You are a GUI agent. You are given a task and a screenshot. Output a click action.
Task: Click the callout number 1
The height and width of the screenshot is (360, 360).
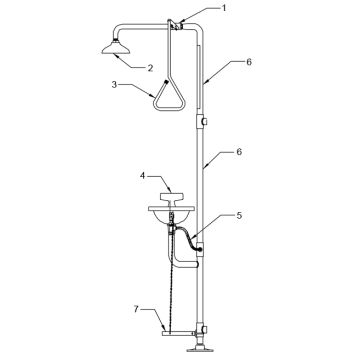(224, 8)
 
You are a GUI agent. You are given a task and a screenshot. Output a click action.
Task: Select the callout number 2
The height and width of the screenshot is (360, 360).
(150, 68)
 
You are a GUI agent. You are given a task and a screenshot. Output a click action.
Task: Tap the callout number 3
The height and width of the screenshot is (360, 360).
(114, 84)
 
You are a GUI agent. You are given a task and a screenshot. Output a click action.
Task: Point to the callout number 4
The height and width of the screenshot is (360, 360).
(143, 176)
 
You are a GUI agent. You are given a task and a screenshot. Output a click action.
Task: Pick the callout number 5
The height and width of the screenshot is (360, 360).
(239, 216)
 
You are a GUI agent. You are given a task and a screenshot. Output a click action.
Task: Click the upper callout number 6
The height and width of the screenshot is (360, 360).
(249, 62)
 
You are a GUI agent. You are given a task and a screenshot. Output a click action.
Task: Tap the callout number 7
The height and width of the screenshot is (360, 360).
(136, 309)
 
